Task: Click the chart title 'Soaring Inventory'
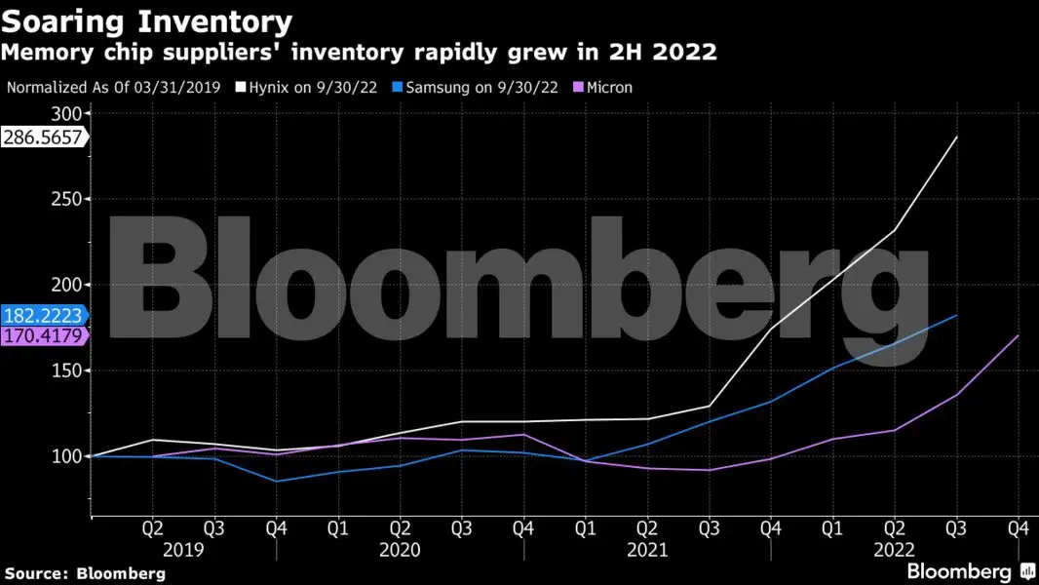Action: [147, 20]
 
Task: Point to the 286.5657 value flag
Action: [43, 137]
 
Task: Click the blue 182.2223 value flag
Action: [43, 316]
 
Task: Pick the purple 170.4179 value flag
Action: [43, 336]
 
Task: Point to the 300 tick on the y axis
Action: [71, 113]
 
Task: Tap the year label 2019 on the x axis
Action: [183, 550]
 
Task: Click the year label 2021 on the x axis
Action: [646, 550]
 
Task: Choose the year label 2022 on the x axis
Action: [894, 550]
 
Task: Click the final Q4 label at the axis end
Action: [1019, 528]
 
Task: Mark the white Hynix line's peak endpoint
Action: [957, 136]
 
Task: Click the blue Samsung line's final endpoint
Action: [957, 316]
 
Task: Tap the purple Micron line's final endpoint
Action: [1019, 335]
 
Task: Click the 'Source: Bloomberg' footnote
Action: [85, 572]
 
